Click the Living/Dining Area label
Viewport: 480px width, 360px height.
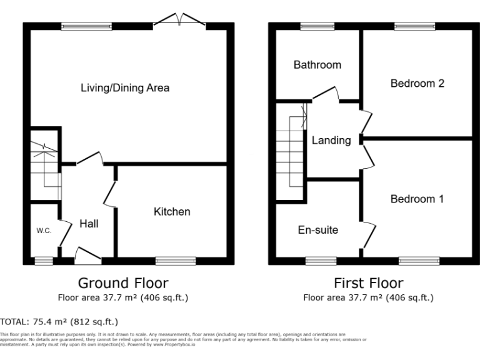(125, 87)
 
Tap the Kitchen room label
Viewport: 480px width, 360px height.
(172, 212)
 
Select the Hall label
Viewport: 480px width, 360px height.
(88, 223)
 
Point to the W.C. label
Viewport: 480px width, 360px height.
(43, 231)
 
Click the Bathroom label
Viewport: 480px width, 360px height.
(317, 65)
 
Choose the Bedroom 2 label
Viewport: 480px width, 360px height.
(417, 83)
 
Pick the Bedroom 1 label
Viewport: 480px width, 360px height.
(417, 199)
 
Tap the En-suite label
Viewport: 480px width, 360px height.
(317, 230)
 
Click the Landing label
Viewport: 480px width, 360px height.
(331, 141)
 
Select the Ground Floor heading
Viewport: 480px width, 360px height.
(122, 283)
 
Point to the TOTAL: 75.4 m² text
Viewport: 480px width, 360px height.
(59, 322)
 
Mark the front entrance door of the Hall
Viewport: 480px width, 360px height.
(87, 254)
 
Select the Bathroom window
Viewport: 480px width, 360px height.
(317, 26)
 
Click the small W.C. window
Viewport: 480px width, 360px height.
(43, 260)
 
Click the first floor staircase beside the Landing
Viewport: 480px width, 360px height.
(291, 150)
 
